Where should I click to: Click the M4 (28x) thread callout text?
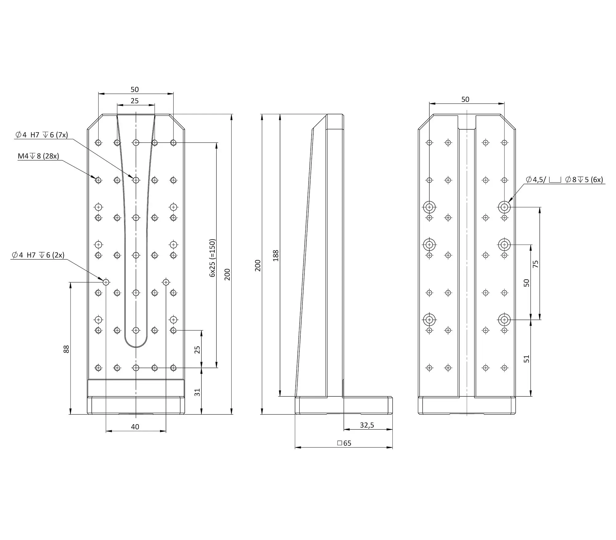[38, 156]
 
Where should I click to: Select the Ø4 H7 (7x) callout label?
[42, 135]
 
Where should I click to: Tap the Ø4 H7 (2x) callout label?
[38, 255]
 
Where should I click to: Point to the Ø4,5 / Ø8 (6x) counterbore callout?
[564, 180]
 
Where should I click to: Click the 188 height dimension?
[276, 256]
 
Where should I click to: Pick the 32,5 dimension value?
[367, 425]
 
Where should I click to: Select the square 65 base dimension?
[344, 443]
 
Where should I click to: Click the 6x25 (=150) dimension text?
[212, 258]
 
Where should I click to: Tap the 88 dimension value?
[66, 349]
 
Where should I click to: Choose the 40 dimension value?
[135, 427]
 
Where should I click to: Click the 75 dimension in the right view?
[535, 264]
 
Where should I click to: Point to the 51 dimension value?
[527, 359]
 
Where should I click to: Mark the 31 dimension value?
[197, 392]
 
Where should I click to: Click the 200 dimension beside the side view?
[257, 266]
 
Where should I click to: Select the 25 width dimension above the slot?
[135, 101]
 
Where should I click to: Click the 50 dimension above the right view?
[465, 99]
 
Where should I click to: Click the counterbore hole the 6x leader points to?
[504, 207]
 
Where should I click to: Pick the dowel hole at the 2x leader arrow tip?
[106, 282]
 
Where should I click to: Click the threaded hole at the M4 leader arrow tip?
[98, 180]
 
